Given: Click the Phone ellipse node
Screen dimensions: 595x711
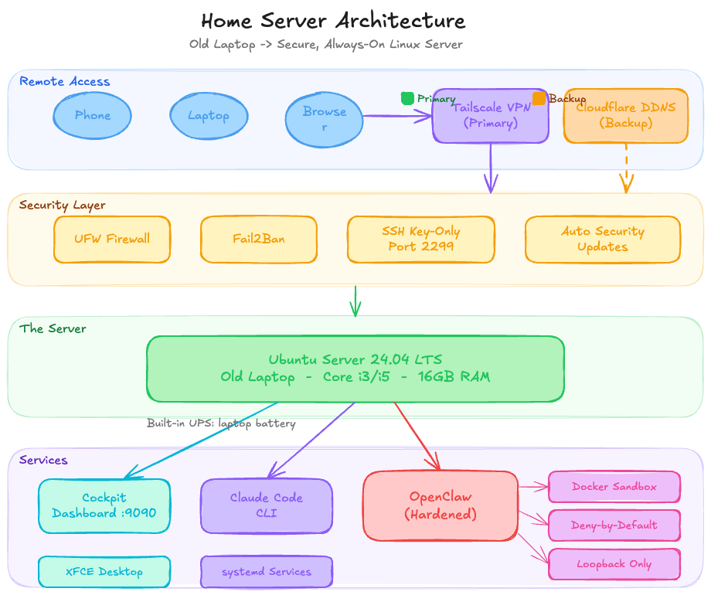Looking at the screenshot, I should click(92, 116).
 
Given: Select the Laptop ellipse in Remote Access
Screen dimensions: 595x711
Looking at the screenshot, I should click(209, 116).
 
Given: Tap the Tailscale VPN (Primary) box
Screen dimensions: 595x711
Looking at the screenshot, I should click(490, 116).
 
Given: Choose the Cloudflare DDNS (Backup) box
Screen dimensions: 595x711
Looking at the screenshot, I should click(625, 116).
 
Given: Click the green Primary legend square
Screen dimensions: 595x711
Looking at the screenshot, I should click(407, 98).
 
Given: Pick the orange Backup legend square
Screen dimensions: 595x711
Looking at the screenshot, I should click(539, 98).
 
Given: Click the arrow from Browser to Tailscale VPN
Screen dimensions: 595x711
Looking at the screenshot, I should click(398, 116).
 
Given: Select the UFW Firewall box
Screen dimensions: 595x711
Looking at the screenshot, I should click(112, 239).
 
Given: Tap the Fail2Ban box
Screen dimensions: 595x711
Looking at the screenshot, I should click(258, 239).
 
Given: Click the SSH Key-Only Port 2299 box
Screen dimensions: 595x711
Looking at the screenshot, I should click(420, 239).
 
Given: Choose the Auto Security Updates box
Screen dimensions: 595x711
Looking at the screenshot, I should click(602, 239).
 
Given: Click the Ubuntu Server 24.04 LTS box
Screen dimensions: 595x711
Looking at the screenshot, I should click(355, 369).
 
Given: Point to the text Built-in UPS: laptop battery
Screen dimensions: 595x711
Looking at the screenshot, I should click(221, 423).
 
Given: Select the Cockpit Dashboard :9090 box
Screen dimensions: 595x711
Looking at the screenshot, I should click(104, 505).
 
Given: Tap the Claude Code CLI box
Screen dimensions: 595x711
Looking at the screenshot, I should click(266, 505).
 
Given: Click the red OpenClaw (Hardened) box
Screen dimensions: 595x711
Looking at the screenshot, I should click(440, 505).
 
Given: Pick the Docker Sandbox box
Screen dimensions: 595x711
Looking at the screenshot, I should click(614, 487).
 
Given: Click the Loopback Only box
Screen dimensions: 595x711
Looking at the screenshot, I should click(614, 564).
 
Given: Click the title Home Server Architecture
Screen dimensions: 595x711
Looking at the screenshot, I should click(333, 21).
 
